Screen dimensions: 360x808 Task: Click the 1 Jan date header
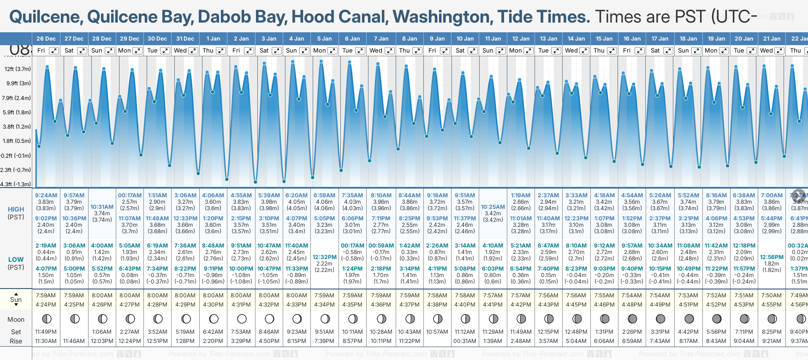[x=213, y=39]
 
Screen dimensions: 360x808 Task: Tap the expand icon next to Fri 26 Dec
[x=54, y=51]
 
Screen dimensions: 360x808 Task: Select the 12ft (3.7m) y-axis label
[x=18, y=69]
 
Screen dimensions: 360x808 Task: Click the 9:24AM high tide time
[x=46, y=195]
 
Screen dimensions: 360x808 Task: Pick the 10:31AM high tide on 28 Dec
[x=102, y=207]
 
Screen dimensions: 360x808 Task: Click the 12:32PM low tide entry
[x=325, y=257]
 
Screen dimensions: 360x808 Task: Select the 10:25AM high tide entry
[x=493, y=207]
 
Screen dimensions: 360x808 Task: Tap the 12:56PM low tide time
[x=772, y=257]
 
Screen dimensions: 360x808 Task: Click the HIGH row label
[x=16, y=209]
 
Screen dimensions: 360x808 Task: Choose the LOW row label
[x=16, y=260]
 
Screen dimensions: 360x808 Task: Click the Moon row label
[x=16, y=319]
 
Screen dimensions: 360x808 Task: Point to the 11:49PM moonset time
[x=46, y=332]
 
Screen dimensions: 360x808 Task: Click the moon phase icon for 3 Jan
[x=269, y=319]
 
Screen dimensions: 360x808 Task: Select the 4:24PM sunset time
[x=46, y=305]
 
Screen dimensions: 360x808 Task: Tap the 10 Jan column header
[x=465, y=39]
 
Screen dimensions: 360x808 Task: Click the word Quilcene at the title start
[x=45, y=17]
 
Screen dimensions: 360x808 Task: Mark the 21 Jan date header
[x=772, y=39]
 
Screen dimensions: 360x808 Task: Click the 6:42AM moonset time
[x=213, y=332]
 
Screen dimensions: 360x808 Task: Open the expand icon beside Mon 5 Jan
[x=333, y=51]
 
